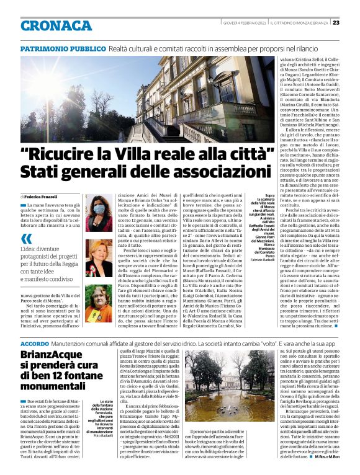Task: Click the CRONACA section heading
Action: [56, 25]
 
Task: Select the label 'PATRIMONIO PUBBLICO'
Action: [63, 48]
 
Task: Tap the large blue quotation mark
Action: [25, 239]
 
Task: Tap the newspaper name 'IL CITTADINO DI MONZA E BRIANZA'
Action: [297, 23]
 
